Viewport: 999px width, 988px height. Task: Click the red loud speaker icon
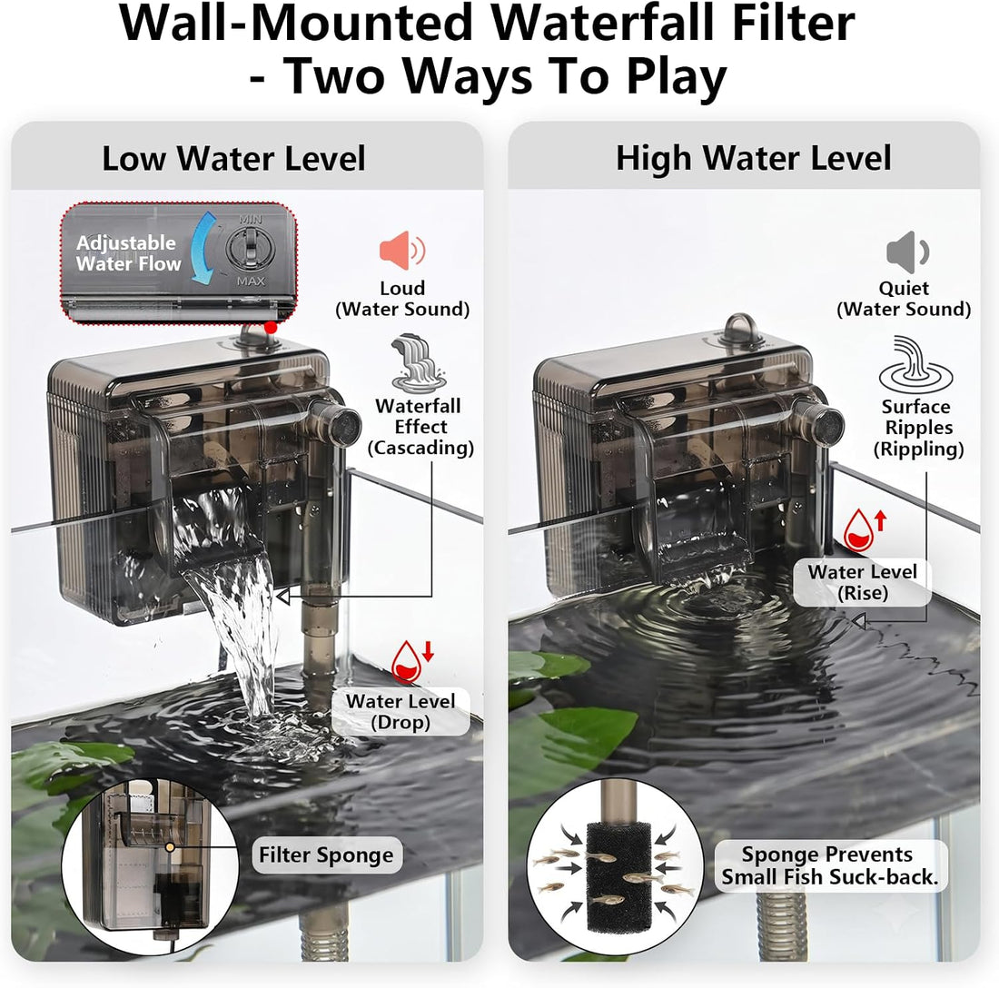402,251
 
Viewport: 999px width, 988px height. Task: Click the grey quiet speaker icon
907,252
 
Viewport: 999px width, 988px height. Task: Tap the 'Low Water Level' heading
233,159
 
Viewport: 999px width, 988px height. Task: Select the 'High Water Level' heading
753,158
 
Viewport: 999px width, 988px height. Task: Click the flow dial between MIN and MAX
249,248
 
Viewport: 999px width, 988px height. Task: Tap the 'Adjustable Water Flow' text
128,252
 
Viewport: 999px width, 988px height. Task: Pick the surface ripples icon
915,364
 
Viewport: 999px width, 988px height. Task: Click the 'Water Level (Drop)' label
401,712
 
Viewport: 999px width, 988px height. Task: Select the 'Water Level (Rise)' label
862,582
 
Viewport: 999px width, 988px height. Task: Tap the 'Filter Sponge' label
326,855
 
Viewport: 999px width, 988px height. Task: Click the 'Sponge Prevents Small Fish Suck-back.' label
830,865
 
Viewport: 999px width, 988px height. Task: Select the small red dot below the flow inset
271,328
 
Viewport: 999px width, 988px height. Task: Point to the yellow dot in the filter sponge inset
170,847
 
